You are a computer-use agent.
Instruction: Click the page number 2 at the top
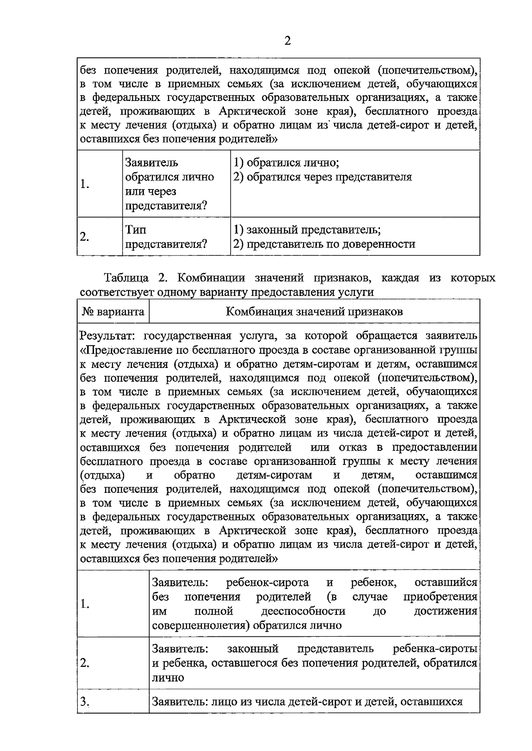click(x=287, y=41)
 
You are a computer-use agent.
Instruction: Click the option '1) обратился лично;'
click(x=286, y=163)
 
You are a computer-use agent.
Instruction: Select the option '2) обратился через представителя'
click(x=323, y=177)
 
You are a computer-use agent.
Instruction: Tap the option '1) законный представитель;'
click(x=307, y=230)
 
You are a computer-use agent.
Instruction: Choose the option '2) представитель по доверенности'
click(x=325, y=244)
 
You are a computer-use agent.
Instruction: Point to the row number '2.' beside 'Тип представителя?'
click(x=85, y=237)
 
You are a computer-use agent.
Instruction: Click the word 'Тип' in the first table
click(x=136, y=230)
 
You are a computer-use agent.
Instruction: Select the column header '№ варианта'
click(x=113, y=312)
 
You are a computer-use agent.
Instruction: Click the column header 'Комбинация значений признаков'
click(x=314, y=312)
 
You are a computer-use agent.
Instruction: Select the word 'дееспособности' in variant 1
click(x=303, y=611)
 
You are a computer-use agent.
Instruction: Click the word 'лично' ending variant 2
click(x=168, y=677)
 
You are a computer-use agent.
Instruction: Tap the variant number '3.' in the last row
click(x=85, y=701)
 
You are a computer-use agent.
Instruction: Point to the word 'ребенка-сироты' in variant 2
click(x=435, y=649)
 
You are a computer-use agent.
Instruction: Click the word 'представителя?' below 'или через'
click(x=166, y=206)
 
